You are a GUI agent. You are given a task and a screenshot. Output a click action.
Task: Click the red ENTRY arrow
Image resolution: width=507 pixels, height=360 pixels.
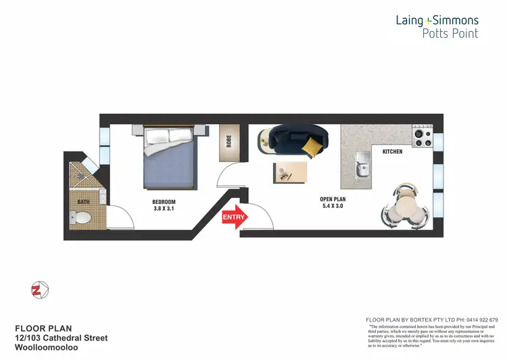tap(234, 217)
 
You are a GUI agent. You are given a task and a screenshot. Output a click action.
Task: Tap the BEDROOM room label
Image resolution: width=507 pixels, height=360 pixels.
tap(164, 202)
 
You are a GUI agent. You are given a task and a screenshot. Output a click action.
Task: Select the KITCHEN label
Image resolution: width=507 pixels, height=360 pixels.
tap(392, 152)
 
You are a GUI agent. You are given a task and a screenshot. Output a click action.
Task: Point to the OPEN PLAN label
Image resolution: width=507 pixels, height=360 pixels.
tap(333, 199)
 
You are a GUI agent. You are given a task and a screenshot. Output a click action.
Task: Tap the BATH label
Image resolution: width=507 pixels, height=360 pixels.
tap(83, 201)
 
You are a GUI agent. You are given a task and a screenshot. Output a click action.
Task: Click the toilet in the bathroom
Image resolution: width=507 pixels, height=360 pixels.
tap(82, 217)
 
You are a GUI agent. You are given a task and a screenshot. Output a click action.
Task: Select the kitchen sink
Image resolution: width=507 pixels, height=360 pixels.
tap(362, 165)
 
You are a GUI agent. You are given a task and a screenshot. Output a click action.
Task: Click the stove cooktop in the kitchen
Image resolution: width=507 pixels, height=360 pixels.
tap(422, 138)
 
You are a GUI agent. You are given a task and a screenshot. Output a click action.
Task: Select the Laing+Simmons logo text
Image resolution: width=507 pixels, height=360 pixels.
tap(437, 20)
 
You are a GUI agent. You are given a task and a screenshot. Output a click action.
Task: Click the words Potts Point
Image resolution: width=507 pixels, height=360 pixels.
tap(450, 33)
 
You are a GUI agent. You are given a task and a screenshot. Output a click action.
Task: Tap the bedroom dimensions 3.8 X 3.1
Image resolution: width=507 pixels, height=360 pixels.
tap(164, 209)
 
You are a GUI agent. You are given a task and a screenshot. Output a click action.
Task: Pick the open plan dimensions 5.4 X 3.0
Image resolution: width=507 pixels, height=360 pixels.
tap(333, 207)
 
